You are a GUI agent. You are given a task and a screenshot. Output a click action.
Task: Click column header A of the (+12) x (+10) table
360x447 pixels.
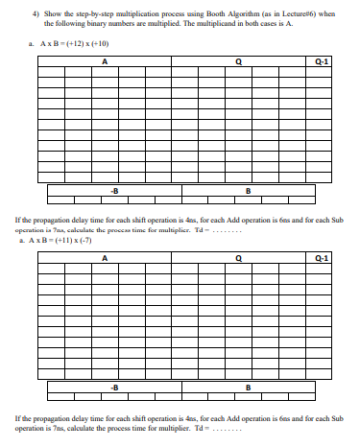pos(104,62)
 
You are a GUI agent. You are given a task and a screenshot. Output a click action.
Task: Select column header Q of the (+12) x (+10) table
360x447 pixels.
pos(252,62)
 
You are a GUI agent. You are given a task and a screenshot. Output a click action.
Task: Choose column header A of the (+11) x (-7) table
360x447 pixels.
pos(104,257)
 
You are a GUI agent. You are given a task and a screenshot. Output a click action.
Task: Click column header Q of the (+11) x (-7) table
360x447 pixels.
pos(252,257)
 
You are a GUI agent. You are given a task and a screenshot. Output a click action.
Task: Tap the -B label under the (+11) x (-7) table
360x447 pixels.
pos(115,385)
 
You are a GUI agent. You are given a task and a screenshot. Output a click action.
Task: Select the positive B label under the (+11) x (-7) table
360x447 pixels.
pos(249,385)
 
